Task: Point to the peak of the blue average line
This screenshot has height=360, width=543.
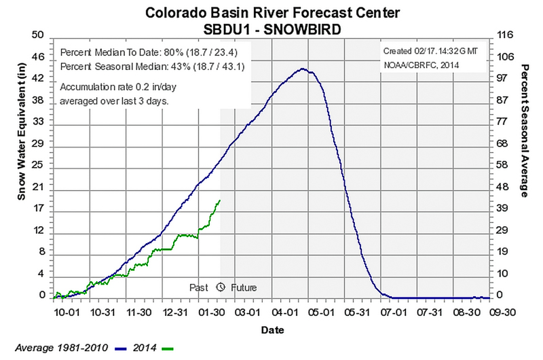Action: click(303, 69)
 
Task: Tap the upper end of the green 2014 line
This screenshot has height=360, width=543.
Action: click(219, 200)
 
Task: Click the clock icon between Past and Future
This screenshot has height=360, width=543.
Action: click(221, 287)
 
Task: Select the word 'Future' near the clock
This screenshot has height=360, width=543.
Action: click(244, 287)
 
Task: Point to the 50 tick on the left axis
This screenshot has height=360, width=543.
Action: click(38, 35)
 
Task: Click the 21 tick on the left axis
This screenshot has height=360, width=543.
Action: click(38, 187)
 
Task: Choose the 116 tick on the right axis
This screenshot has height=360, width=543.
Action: click(504, 35)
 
